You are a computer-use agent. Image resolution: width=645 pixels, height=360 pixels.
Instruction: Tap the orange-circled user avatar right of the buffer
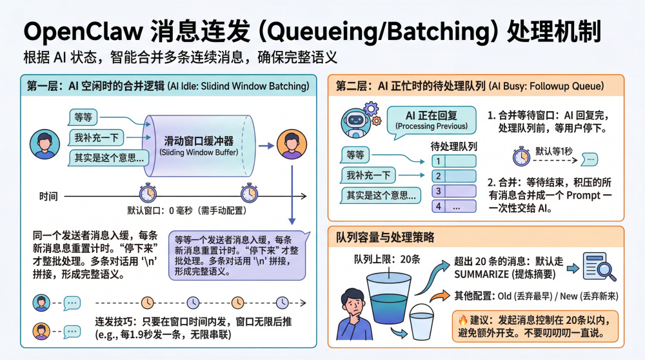[292, 145]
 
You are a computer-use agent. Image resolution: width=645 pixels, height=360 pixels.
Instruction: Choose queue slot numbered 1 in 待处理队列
[453, 161]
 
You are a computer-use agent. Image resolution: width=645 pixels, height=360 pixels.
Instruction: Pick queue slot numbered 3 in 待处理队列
[453, 191]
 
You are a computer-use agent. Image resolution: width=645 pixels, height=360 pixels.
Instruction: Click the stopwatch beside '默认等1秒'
[521, 157]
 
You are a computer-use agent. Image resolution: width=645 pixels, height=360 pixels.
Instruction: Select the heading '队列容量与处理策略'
[385, 237]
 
